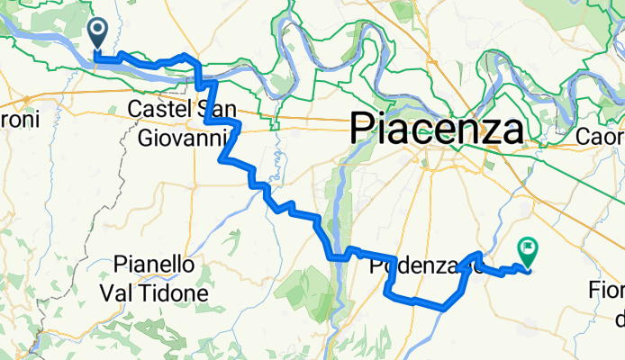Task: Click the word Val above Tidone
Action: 121,293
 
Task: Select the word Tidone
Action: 177,293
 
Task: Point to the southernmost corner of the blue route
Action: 444,309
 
